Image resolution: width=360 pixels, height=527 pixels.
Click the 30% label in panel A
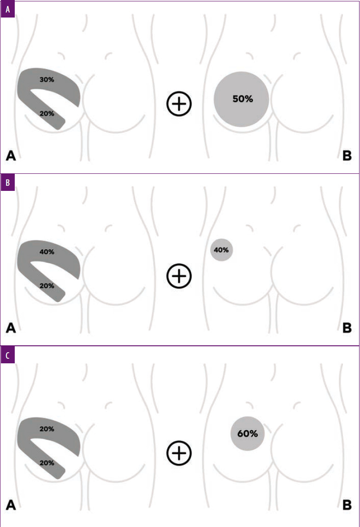coord(47,79)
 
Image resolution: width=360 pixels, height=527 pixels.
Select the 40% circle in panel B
coord(221,250)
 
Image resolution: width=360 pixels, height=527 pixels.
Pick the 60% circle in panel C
coord(248,433)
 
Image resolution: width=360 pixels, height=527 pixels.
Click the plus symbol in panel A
coord(179,104)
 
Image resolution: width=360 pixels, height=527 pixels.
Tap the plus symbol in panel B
coord(179,277)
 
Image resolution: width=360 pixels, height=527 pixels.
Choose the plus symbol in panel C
coord(179,453)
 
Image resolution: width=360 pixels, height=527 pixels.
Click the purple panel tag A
coord(7,8)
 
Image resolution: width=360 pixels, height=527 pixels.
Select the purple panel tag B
coord(7,182)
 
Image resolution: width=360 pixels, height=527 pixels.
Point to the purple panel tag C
coord(7,356)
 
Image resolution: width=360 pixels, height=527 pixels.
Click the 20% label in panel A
coord(47,113)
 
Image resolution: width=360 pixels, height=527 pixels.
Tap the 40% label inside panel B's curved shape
coord(47,252)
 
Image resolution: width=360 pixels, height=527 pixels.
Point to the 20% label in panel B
coord(47,286)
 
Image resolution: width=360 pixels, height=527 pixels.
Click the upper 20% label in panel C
coord(47,429)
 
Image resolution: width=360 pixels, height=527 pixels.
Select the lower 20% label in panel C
coord(47,462)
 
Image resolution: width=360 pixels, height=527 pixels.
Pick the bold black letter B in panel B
coord(347,328)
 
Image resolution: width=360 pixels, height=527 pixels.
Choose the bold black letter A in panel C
coord(11,505)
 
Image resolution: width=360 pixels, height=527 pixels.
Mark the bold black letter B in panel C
coord(347,505)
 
